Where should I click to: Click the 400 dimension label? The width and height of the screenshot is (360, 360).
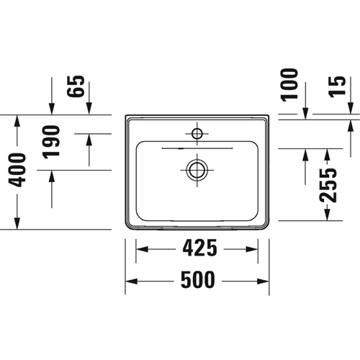coord(17,170)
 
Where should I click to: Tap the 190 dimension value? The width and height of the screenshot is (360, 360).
coord(51,142)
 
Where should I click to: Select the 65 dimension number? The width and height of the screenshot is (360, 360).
coord(76,86)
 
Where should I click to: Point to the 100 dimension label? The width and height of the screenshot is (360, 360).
coord(289,85)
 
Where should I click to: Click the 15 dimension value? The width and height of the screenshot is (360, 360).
coord(337,86)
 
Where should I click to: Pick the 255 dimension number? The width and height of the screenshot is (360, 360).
coord(328,185)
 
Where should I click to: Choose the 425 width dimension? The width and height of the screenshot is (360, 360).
coord(199,248)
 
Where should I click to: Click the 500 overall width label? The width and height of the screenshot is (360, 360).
coord(197,279)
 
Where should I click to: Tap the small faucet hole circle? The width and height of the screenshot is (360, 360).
coord(197,134)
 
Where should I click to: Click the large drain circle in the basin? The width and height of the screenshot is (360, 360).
coord(197,170)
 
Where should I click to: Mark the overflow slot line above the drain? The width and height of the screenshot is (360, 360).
coord(197,148)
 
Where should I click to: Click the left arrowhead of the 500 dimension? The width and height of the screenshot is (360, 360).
coord(131,282)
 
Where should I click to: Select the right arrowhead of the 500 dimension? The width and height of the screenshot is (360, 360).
coord(263,282)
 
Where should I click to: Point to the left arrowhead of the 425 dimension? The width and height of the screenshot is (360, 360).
coord(142,249)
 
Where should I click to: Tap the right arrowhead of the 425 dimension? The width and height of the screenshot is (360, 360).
coord(252,249)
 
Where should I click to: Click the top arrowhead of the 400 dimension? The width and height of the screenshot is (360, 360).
coord(17,121)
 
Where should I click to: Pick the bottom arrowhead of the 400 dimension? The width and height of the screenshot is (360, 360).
coord(17,223)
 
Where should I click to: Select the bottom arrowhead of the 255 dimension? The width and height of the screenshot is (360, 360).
coord(328,215)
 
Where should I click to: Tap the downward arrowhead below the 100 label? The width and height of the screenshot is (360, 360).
coord(305,113)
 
